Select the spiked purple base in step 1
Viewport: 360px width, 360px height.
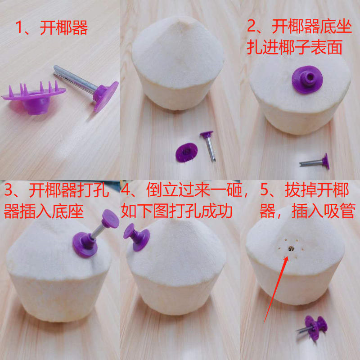coord(34,97)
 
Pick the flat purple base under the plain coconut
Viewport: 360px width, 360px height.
coord(186,152)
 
